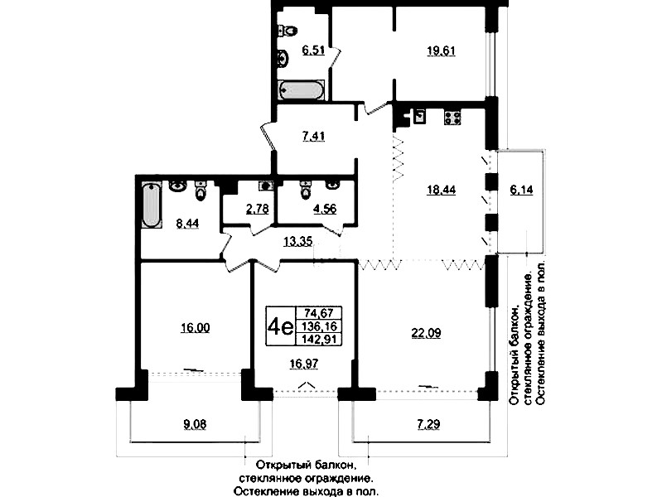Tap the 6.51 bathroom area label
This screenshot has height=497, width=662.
tap(312, 51)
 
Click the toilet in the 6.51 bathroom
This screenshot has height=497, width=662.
tap(289, 31)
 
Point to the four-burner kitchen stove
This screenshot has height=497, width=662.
tap(452, 118)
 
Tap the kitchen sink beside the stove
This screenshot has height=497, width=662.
tap(419, 117)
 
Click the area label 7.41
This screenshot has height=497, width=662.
tap(312, 137)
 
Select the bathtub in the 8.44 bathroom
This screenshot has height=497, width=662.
tap(152, 205)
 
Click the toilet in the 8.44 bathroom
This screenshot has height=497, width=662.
tap(200, 193)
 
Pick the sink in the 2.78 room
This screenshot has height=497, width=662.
tap(264, 186)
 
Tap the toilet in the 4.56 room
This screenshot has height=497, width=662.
tap(304, 190)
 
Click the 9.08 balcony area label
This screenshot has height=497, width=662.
tap(195, 426)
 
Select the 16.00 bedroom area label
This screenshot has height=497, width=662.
tap(195, 328)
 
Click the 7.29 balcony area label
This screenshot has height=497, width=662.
tap(428, 426)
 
